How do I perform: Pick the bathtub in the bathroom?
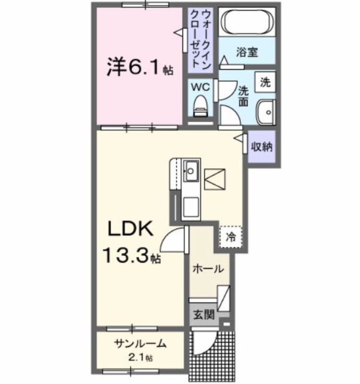[247, 22]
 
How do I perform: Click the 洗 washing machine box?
[265, 82]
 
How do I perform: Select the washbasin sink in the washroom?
[264, 112]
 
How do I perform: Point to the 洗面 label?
[244, 95]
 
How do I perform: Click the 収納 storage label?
[262, 147]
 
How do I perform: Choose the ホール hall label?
[208, 269]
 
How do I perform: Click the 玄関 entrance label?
[204, 315]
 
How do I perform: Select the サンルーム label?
[140, 344]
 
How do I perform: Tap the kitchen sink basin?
[191, 170]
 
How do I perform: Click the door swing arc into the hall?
[173, 240]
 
